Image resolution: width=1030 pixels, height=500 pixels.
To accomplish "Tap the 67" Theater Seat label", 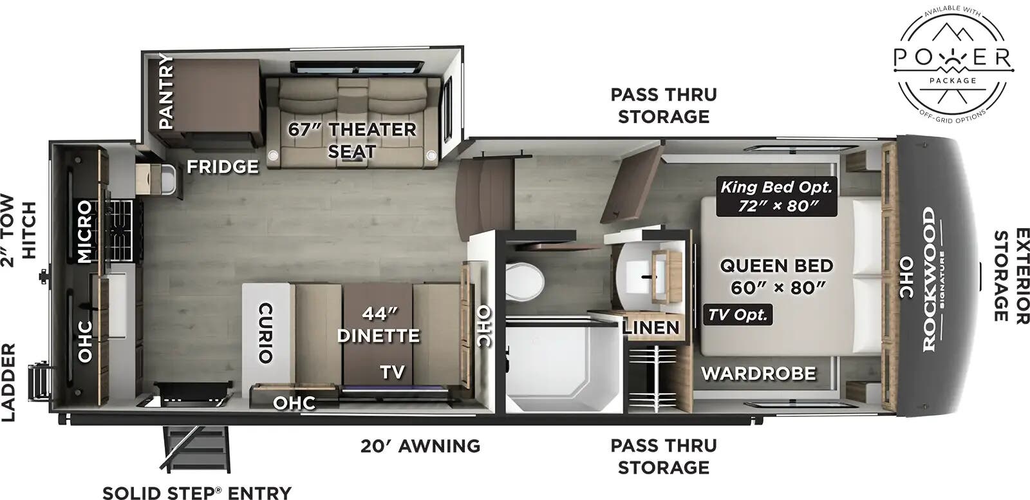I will click(x=351, y=140).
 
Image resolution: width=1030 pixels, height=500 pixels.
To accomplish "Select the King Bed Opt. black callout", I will click(x=776, y=197).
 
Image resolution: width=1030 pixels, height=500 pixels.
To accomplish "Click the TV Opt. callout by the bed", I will click(x=738, y=315).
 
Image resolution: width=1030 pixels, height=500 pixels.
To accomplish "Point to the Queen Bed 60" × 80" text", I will click(x=776, y=276).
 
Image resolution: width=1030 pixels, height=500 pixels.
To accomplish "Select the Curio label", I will click(x=265, y=332).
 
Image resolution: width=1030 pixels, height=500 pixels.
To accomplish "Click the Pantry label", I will click(x=166, y=92).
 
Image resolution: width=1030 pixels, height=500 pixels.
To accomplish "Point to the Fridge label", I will click(x=223, y=167).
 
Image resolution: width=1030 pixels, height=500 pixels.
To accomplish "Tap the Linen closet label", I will click(x=651, y=327).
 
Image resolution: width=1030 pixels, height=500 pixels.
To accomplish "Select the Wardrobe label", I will click(x=758, y=373).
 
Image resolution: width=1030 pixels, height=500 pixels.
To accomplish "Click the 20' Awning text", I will click(x=420, y=446).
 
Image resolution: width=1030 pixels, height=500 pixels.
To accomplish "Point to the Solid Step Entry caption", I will click(x=197, y=493).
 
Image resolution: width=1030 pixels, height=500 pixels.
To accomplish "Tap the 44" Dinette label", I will click(x=378, y=325).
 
